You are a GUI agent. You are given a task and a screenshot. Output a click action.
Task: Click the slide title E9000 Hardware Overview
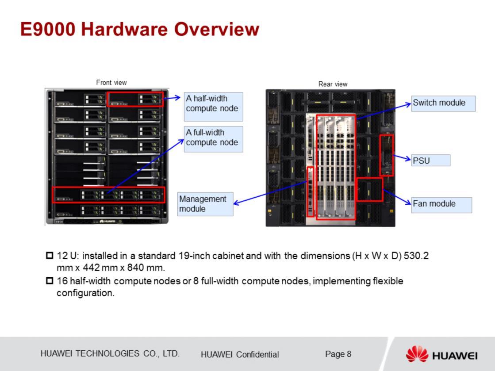139,29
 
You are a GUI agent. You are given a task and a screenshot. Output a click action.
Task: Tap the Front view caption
111,83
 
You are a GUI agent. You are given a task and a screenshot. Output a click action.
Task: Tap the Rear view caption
333,84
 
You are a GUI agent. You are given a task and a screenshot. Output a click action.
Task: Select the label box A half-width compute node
213,107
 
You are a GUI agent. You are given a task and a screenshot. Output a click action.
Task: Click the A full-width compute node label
213,139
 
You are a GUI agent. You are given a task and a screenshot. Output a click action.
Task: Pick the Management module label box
205,204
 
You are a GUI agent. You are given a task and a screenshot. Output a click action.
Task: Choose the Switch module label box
443,103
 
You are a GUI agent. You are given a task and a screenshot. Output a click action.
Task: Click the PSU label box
430,160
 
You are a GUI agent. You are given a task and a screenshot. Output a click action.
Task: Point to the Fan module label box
441,205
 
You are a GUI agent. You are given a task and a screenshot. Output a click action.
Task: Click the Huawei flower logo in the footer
417,354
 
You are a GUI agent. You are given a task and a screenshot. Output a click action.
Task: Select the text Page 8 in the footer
338,354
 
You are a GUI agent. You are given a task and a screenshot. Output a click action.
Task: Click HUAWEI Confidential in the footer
240,355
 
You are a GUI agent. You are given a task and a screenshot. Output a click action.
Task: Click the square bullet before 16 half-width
50,280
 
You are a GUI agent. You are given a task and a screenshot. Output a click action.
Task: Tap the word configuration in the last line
85,293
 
